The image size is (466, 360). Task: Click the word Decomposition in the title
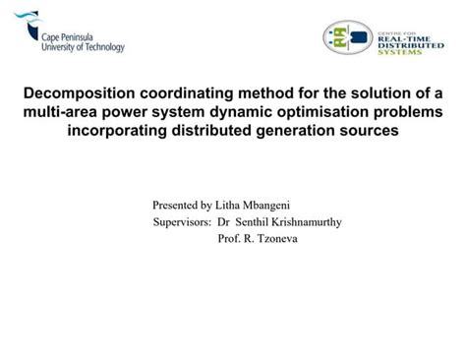(x=71, y=93)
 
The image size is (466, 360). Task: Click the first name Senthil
(x=250, y=222)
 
